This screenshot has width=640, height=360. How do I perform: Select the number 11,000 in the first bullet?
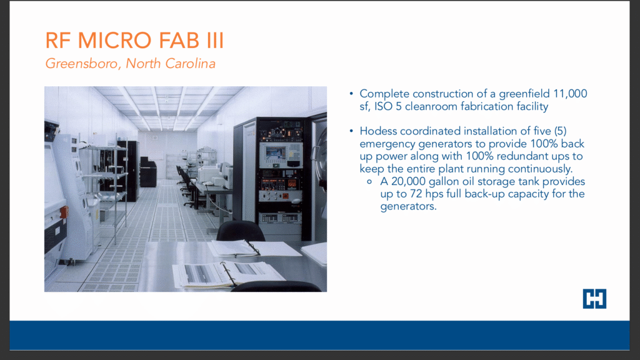click(570, 94)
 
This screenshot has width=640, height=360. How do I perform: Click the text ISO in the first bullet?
click(383, 106)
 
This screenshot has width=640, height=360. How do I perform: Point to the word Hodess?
click(378, 131)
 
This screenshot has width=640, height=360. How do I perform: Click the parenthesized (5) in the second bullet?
click(560, 131)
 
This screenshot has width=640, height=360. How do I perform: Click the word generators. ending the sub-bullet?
click(408, 206)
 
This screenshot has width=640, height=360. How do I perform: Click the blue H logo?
click(594, 298)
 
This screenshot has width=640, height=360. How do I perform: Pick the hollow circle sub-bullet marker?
click(369, 182)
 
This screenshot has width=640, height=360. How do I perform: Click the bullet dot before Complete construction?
click(351, 94)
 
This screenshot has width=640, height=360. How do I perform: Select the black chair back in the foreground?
click(240, 231)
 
